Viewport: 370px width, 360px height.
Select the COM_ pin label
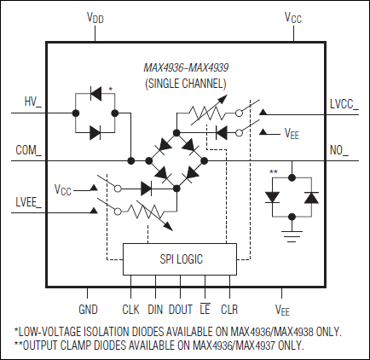[28, 150]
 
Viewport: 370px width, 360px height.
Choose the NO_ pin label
[339, 150]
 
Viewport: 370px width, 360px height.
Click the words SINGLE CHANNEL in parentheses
[185, 84]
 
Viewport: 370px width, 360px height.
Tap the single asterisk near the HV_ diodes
[111, 89]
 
